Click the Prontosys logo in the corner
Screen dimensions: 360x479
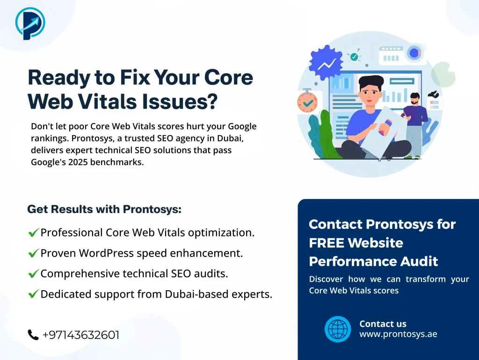(x=30, y=23)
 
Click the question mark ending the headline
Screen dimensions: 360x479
(x=212, y=101)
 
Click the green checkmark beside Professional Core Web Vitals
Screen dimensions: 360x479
(x=33, y=233)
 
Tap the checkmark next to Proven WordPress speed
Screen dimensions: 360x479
(x=33, y=253)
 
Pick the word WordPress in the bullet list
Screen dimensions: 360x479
(x=106, y=253)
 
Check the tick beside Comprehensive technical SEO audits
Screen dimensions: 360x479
(x=33, y=274)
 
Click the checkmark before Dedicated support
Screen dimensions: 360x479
(x=33, y=294)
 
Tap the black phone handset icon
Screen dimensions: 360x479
(x=33, y=335)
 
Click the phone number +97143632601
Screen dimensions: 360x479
(x=80, y=335)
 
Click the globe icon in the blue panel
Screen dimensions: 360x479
(x=338, y=329)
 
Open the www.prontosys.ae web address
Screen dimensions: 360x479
(x=398, y=334)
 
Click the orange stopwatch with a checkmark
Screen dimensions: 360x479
(x=307, y=101)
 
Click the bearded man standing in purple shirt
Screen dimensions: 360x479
(x=414, y=119)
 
